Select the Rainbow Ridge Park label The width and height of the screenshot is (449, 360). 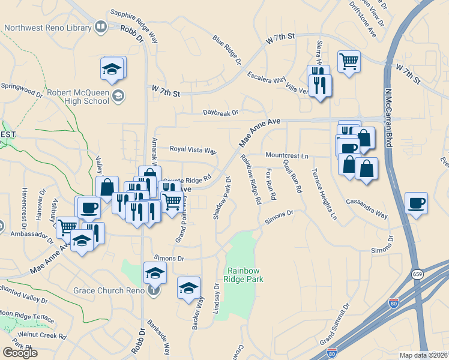[244, 275]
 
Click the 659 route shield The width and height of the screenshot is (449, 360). [417, 274]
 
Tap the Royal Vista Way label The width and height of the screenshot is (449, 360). [193, 149]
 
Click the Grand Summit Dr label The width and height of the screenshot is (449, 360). [335, 325]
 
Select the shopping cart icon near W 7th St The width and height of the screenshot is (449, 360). [349, 61]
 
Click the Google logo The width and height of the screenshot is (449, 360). [20, 352]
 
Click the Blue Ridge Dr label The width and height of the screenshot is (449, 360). [226, 49]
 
